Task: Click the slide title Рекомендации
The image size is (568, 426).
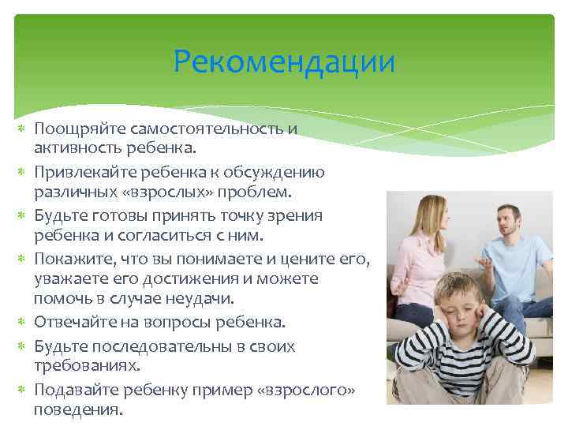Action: point(284,62)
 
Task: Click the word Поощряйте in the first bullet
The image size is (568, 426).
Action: point(72,129)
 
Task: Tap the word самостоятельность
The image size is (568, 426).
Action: point(197,129)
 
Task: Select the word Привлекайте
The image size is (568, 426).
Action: point(80,172)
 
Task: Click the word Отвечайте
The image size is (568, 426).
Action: point(74,322)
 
